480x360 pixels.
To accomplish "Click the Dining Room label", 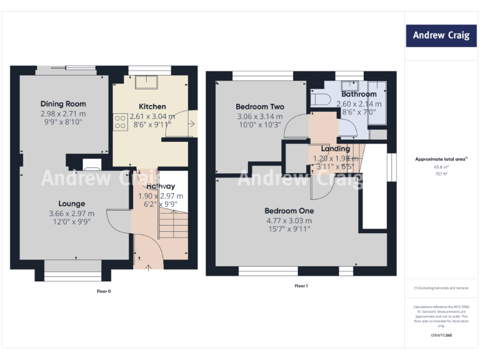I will [x=63, y=104].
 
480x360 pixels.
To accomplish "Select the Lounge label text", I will [x=72, y=204].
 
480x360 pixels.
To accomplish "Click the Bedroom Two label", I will [x=259, y=106].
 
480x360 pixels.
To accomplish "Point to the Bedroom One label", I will [x=289, y=211].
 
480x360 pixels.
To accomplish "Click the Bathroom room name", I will [x=359, y=94].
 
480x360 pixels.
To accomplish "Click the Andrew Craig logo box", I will [x=441, y=36].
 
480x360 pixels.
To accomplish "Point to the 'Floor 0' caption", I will [x=103, y=291].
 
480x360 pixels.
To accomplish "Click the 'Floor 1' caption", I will [x=301, y=286].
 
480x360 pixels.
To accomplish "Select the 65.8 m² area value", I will [x=441, y=167].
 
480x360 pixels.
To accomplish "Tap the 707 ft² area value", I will [x=441, y=174].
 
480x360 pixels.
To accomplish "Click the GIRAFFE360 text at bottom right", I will [x=441, y=336].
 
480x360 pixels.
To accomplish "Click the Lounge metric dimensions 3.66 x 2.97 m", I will [x=72, y=214].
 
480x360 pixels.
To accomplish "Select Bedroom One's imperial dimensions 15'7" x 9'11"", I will [x=289, y=229].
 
